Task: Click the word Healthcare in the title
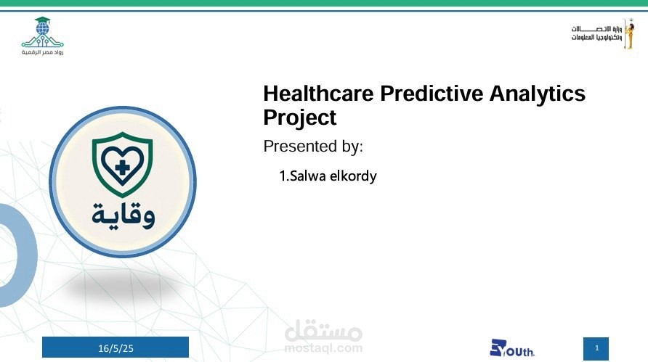point(318,94)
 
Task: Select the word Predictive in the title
point(432,94)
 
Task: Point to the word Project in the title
point(300,118)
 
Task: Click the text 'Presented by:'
point(313,147)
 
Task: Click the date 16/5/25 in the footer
point(116,348)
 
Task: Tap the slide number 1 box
point(596,349)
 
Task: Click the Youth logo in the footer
point(511,348)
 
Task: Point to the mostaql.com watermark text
point(323,348)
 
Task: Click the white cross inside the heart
point(122,168)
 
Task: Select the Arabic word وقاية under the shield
point(123,215)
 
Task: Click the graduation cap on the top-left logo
point(42,20)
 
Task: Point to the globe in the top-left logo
point(42,29)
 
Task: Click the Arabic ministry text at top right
point(596,33)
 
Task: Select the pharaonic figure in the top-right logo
point(629,34)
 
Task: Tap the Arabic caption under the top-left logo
point(43,52)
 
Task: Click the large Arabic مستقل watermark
point(323,330)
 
